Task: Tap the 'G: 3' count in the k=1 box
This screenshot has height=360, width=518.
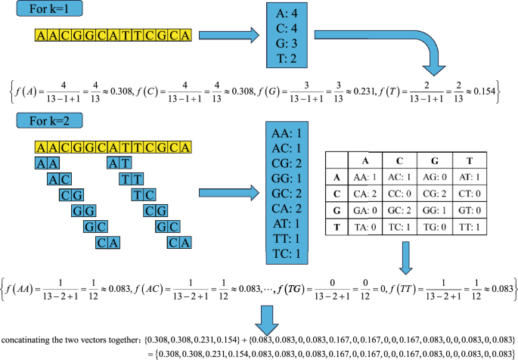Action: pyautogui.click(x=287, y=46)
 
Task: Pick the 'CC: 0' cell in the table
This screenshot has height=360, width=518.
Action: pyautogui.click(x=399, y=193)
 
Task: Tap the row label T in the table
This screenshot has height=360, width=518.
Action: pyautogui.click(x=333, y=227)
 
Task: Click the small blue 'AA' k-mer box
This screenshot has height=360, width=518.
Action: pyautogui.click(x=47, y=162)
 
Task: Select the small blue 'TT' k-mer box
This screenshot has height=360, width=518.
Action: pyautogui.click(x=132, y=178)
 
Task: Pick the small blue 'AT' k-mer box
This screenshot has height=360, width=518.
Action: pyautogui.click(x=119, y=162)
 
